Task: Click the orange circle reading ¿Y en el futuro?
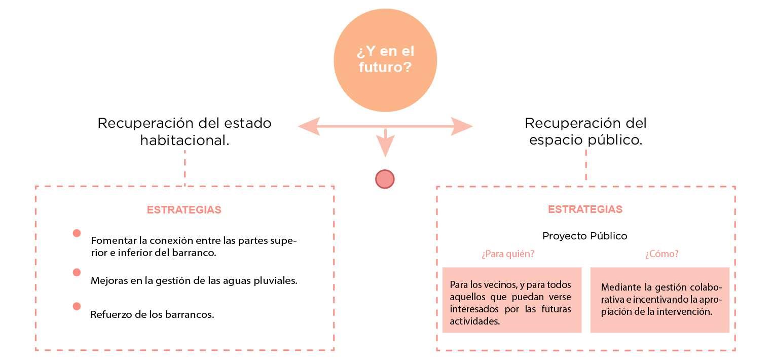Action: pyautogui.click(x=385, y=60)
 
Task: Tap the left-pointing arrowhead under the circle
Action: pyautogui.click(x=309, y=126)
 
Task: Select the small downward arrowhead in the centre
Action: pyautogui.click(x=385, y=148)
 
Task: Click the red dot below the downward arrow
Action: pyautogui.click(x=385, y=179)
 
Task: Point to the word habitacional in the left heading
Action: pyautogui.click(x=185, y=140)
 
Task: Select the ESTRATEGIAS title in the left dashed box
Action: pyautogui.click(x=184, y=210)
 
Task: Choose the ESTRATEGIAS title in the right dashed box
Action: pyautogui.click(x=585, y=209)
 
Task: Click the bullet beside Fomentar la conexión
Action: pyautogui.click(x=77, y=233)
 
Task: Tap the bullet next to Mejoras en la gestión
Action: pyautogui.click(x=77, y=272)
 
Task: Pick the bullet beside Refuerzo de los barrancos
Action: pyautogui.click(x=77, y=306)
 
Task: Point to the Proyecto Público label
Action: pyautogui.click(x=585, y=236)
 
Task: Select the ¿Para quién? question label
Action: pyautogui.click(x=508, y=254)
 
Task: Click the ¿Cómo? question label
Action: pyautogui.click(x=661, y=254)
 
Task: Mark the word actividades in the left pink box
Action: pyautogui.click(x=474, y=321)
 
